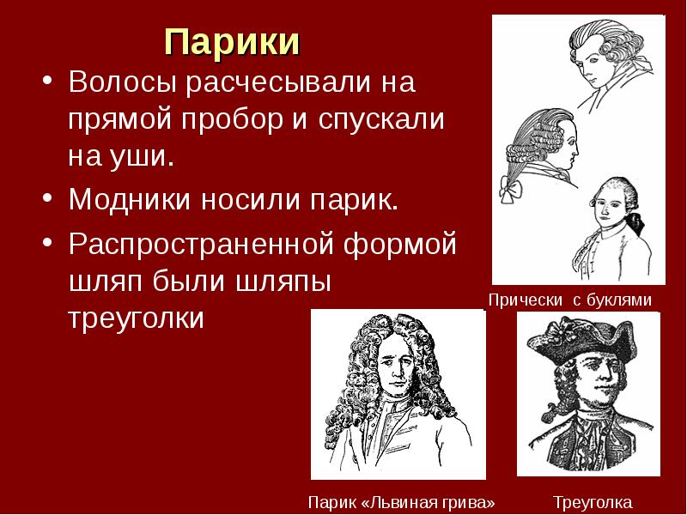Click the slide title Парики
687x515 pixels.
pyautogui.click(x=231, y=42)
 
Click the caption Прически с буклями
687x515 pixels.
pyautogui.click(x=570, y=300)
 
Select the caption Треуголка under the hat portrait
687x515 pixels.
pyautogui.click(x=592, y=501)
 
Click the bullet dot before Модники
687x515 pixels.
pyautogui.click(x=46, y=200)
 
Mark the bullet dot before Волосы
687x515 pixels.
pyautogui.click(x=46, y=86)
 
